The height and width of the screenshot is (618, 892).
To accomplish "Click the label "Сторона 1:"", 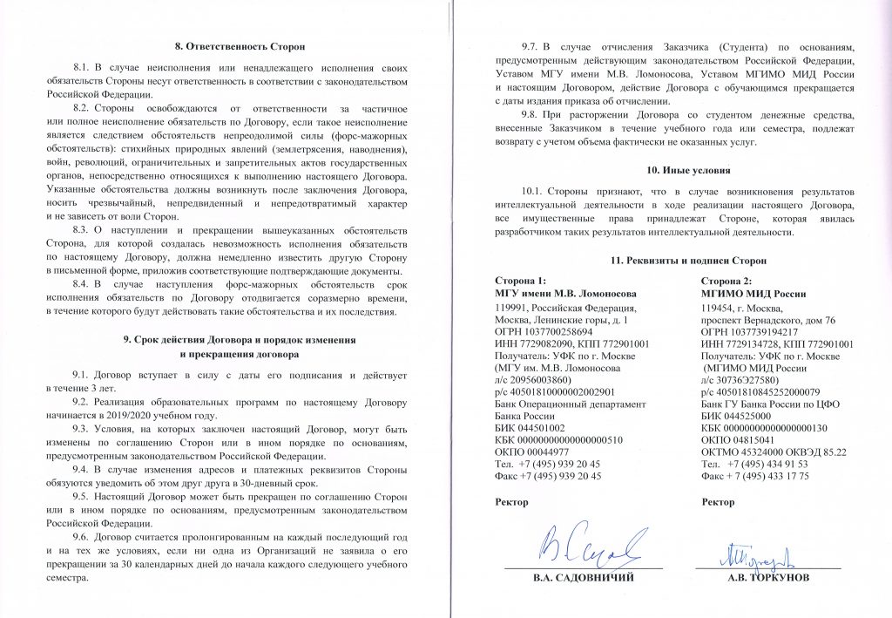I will point(521,282).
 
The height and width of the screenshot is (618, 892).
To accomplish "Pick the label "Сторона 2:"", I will point(727,282).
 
